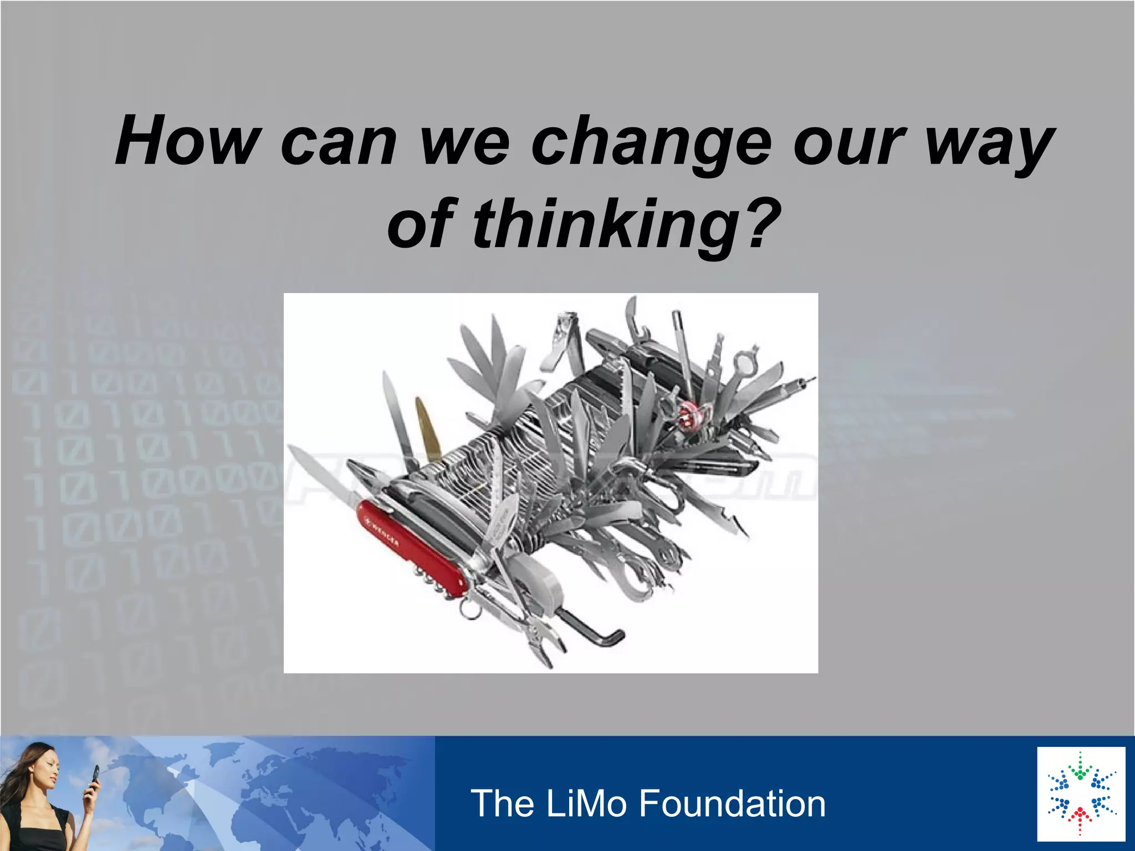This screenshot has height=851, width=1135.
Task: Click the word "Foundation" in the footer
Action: (x=733, y=804)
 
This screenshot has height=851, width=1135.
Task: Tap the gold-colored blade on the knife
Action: (x=428, y=427)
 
